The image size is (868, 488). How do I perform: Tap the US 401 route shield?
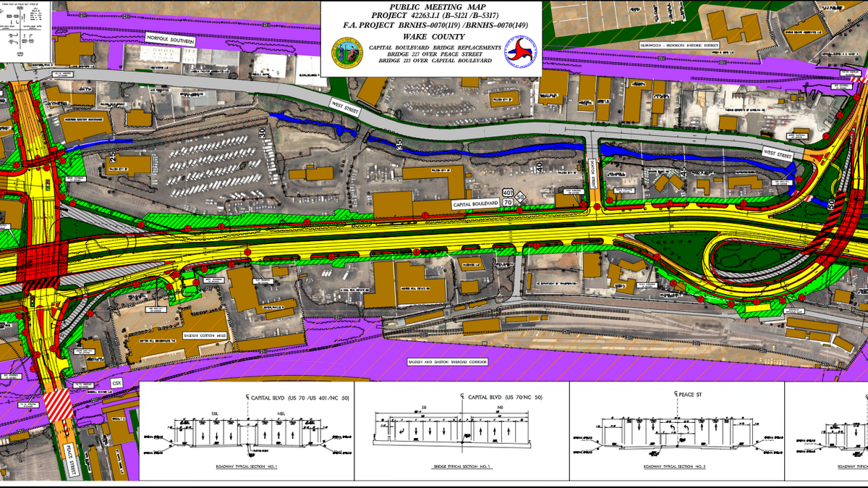tap(508, 195)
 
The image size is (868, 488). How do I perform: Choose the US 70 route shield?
tap(520, 195)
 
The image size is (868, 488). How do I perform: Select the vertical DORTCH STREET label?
tap(591, 171)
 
